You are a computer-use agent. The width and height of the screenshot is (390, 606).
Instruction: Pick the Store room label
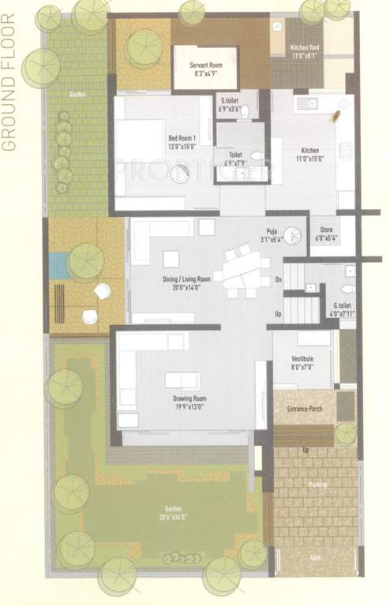325,234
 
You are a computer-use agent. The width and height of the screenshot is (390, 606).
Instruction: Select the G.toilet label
342,309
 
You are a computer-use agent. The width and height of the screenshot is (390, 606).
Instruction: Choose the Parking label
319,484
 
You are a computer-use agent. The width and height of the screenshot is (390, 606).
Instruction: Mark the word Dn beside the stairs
278,279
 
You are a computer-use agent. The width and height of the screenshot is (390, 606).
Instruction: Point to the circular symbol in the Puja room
293,234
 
